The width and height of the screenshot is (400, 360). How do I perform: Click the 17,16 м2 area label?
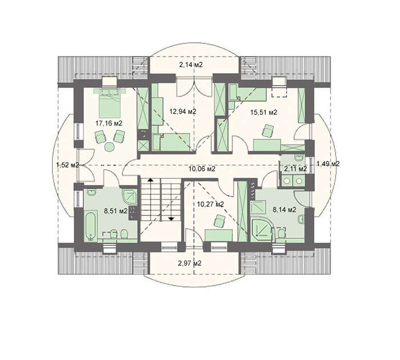[x=109, y=123]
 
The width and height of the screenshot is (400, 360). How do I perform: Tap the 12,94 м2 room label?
[x=183, y=111]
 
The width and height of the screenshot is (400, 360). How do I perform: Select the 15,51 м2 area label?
[x=263, y=112]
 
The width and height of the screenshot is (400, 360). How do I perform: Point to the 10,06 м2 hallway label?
[x=202, y=169]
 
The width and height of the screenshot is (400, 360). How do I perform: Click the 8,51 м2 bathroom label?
[x=115, y=211]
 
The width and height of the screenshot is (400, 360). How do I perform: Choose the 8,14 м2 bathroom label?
[x=285, y=210]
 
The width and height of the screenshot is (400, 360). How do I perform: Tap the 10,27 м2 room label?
[x=210, y=204]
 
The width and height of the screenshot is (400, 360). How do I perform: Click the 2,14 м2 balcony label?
[x=191, y=65]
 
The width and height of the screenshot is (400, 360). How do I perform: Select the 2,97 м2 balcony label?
[x=190, y=263]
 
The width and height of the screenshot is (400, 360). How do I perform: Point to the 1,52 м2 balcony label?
[x=67, y=165]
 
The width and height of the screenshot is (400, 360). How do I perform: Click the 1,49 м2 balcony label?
[x=328, y=164]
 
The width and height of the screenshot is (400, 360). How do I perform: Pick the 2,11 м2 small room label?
[x=295, y=169]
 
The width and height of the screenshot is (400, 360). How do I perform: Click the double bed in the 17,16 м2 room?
[x=110, y=103]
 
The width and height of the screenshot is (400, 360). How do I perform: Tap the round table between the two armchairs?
[x=110, y=147]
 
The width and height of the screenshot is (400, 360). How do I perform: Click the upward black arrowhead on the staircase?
[x=150, y=180]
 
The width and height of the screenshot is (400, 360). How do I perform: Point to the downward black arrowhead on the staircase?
[x=171, y=219]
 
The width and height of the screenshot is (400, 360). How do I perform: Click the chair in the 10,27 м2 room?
[x=219, y=221]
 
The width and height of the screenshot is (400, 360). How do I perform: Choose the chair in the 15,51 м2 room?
[x=267, y=131]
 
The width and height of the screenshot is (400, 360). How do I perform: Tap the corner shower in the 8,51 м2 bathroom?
[x=130, y=197]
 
